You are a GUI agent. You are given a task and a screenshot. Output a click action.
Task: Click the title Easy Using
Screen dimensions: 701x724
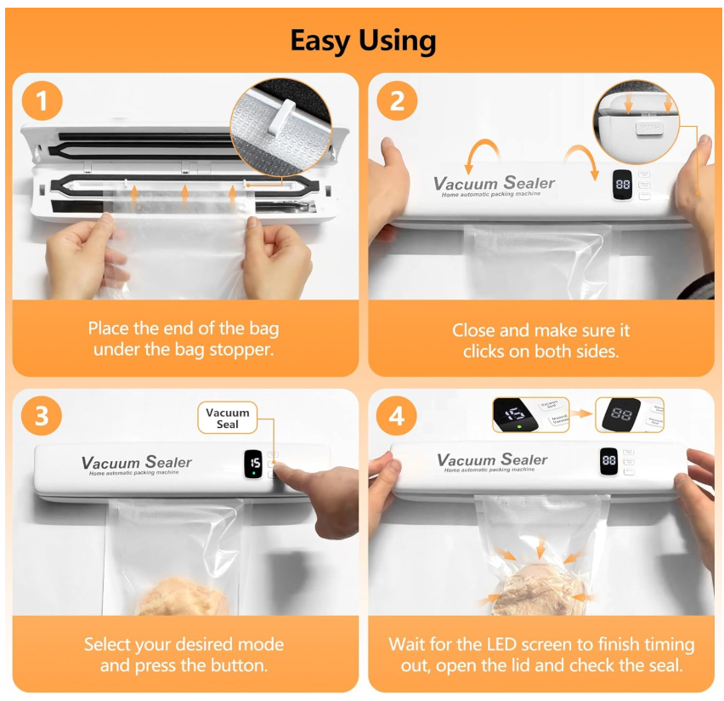pyautogui.click(x=363, y=40)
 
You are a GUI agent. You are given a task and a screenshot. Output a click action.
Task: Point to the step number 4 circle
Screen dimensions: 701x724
pyautogui.click(x=397, y=417)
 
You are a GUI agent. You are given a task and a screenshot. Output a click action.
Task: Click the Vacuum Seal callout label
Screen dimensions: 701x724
pyautogui.click(x=228, y=418)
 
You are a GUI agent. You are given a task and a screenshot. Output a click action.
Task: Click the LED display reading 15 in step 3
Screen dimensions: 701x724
pyautogui.click(x=253, y=464)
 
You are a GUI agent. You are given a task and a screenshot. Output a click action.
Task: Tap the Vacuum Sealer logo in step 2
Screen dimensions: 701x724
pyautogui.click(x=494, y=183)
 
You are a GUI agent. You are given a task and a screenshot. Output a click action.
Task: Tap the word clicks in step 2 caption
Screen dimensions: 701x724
pyautogui.click(x=484, y=350)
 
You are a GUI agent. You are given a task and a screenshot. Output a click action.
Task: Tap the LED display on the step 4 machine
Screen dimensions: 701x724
pyautogui.click(x=609, y=460)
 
